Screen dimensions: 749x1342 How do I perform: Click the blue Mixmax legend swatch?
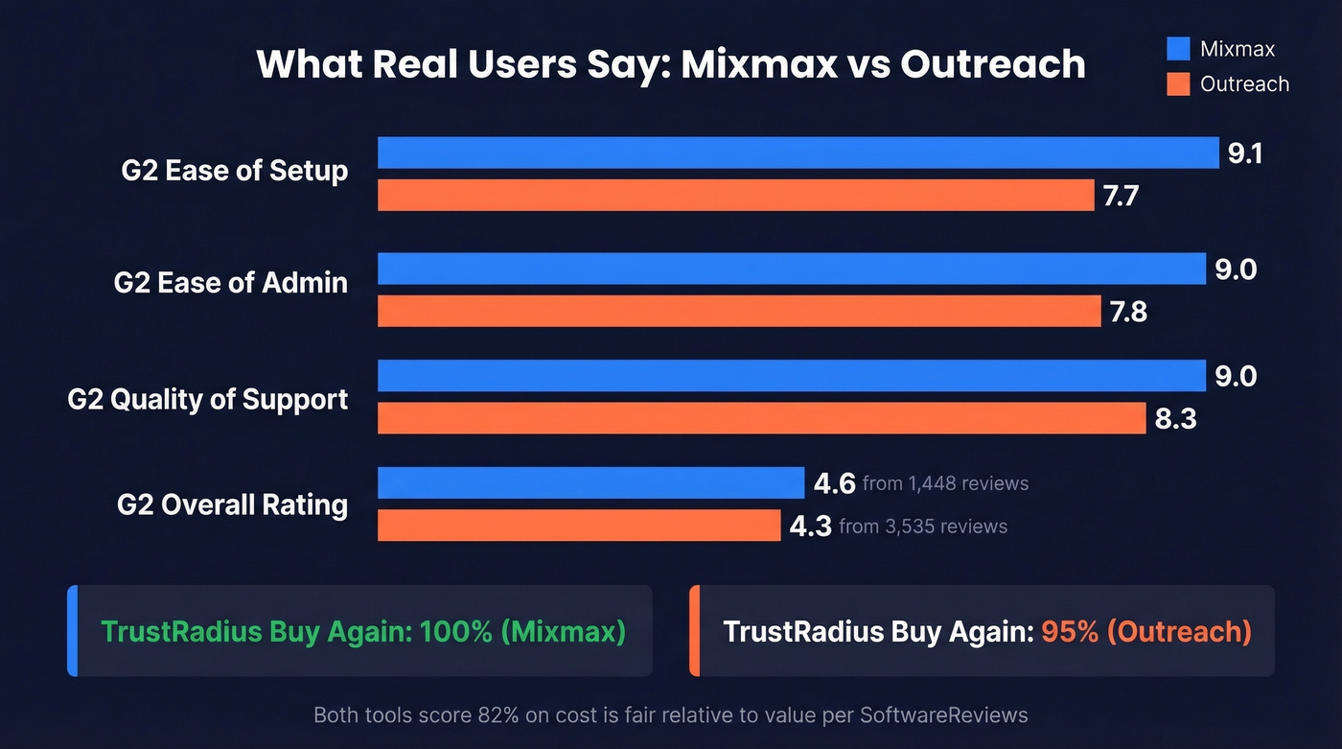(1178, 49)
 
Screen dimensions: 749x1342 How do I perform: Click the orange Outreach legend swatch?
(1178, 84)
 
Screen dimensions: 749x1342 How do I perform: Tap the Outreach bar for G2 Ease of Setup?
(735, 196)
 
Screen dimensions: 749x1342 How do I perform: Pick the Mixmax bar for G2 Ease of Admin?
(791, 269)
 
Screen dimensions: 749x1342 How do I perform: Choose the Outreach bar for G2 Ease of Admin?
(739, 311)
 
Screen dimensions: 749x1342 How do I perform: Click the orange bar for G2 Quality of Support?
(761, 418)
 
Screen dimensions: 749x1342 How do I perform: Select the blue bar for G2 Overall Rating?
(590, 483)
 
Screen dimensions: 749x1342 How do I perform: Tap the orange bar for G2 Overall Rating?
(579, 526)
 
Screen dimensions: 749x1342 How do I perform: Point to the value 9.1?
(1245, 153)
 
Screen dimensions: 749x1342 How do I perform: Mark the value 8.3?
(1175, 419)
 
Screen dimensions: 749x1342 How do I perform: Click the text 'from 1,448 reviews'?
(945, 483)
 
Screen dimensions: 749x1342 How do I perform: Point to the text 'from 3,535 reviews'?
(922, 527)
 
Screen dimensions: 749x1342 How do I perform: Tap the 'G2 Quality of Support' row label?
(208, 399)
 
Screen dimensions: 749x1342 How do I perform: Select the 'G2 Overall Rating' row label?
(232, 504)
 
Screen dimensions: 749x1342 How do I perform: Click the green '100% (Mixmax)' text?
(522, 632)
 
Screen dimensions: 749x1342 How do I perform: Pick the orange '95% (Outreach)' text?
(1146, 632)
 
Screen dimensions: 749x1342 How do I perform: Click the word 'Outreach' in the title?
(993, 64)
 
